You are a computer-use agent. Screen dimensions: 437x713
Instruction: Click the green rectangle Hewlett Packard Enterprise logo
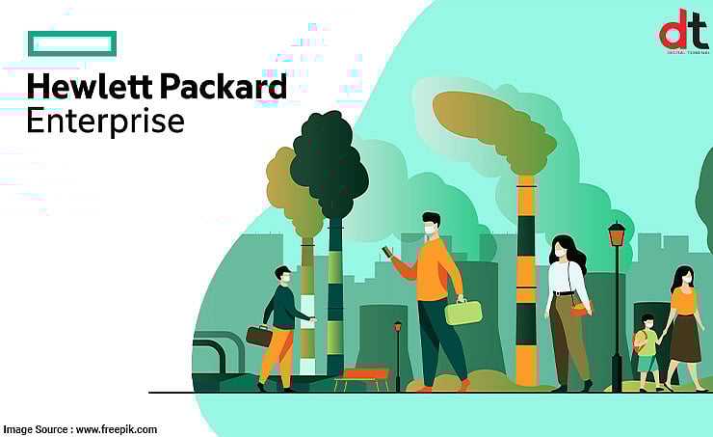point(72,43)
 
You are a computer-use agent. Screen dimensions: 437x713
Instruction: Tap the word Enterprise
point(105,122)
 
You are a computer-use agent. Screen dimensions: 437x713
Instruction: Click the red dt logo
point(682,32)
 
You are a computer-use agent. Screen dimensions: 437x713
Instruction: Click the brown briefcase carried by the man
point(258,336)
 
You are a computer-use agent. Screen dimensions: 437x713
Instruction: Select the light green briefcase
point(462,313)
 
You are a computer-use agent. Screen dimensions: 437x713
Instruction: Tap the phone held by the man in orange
point(387,252)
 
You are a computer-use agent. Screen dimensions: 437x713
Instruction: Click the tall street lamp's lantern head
point(617,234)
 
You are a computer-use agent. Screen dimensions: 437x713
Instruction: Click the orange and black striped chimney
point(525,280)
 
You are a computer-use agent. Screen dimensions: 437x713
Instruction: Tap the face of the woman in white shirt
point(559,251)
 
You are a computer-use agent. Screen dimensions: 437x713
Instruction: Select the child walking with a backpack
point(648,352)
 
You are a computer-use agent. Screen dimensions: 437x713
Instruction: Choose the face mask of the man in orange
point(428,230)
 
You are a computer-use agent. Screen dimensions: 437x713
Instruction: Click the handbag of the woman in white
point(580,310)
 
